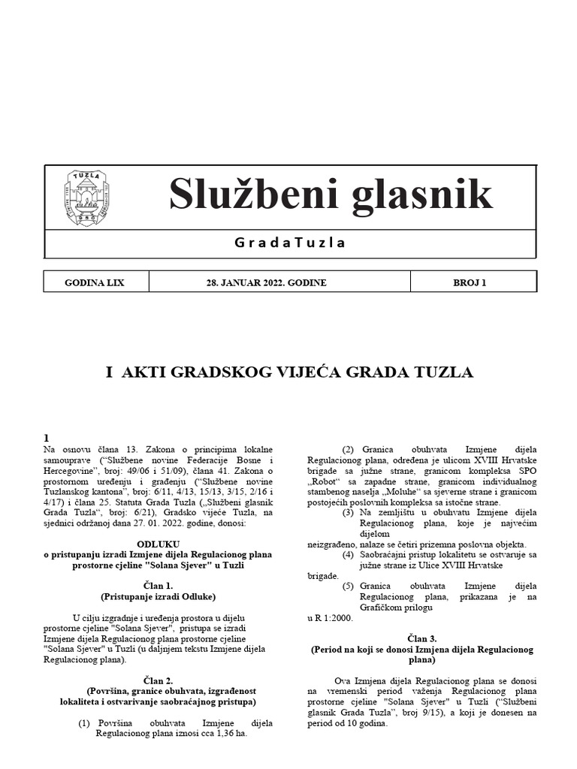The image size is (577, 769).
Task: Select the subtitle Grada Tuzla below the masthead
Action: (290, 243)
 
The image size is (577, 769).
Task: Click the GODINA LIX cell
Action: (95, 282)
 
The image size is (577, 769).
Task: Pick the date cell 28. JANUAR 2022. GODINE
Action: (267, 282)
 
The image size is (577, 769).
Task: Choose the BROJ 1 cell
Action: (470, 282)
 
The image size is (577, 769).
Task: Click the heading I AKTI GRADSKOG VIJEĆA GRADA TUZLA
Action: (289, 372)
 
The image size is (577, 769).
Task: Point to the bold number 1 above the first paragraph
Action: (47, 438)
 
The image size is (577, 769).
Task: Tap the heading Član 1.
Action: (158, 585)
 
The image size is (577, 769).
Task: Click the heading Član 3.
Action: (421, 636)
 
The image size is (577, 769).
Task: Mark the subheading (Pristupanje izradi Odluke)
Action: (158, 596)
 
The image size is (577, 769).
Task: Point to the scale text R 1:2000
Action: (330, 618)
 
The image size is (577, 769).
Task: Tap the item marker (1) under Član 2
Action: (85, 723)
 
